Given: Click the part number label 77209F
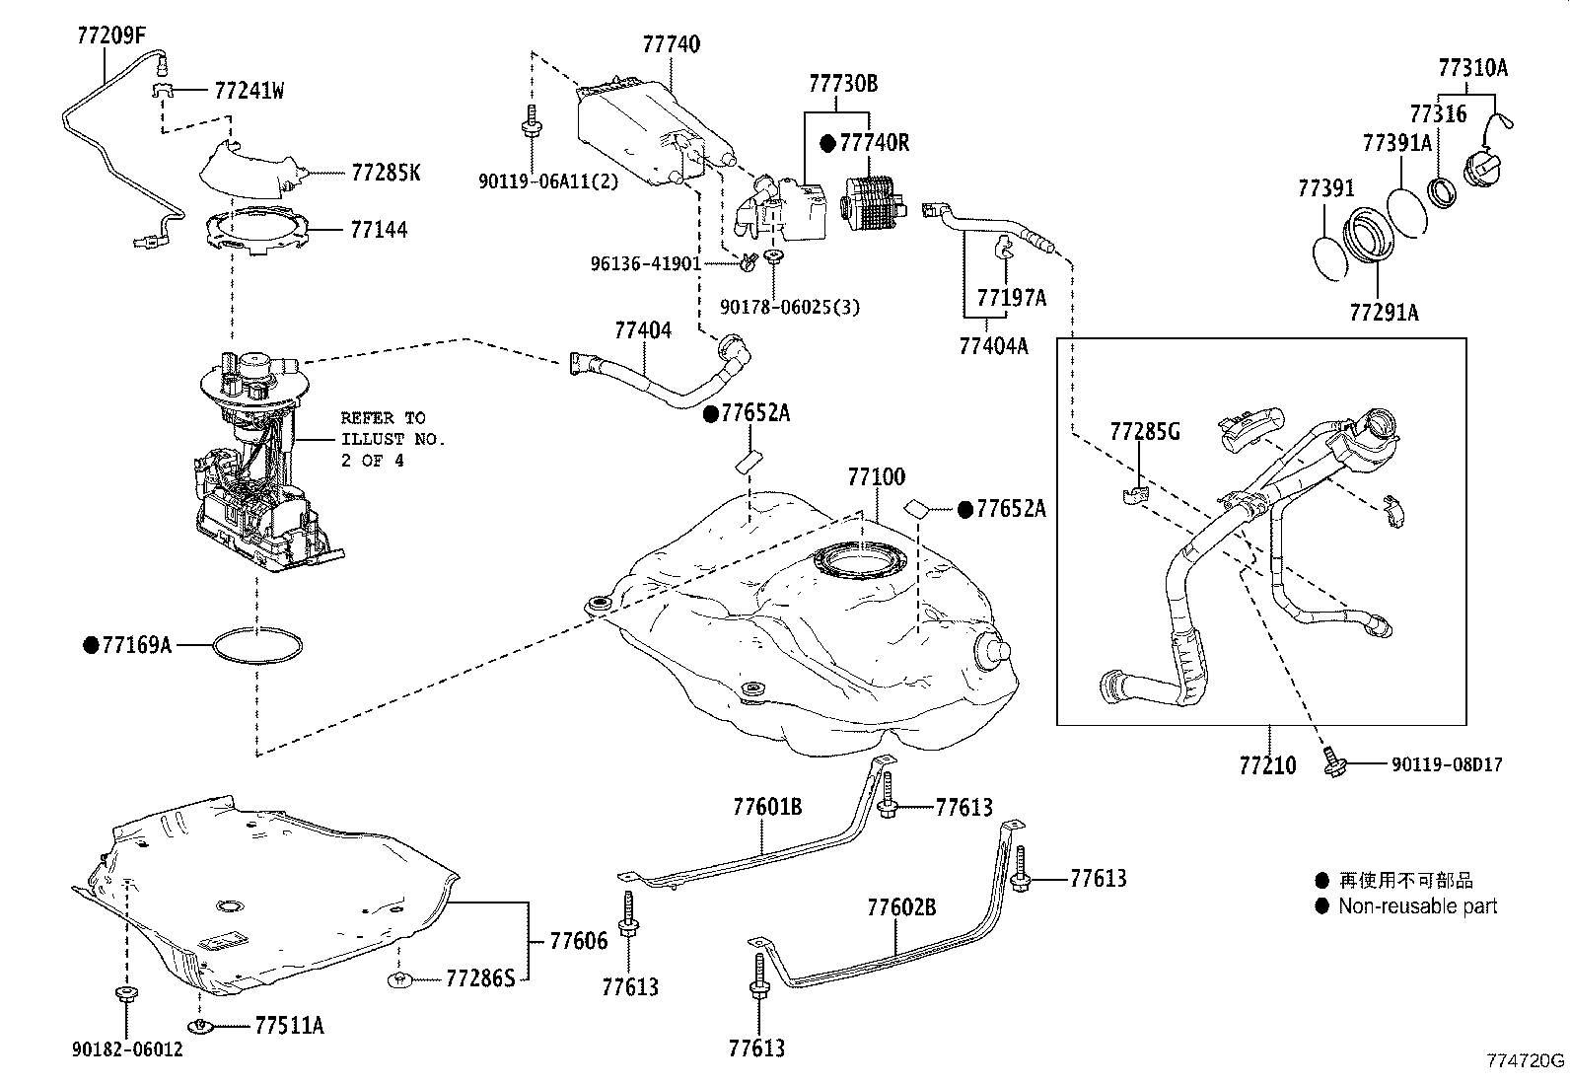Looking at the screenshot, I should (110, 37).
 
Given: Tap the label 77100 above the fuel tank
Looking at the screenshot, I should (876, 477).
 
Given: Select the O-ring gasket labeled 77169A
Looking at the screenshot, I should (257, 646).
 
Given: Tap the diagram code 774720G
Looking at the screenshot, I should (1526, 1061).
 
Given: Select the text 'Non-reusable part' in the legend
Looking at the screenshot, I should (1417, 905).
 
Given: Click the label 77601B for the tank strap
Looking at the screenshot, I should (766, 807).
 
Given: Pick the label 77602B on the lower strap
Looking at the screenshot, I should (901, 906).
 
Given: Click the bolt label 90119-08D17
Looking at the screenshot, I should (1447, 764).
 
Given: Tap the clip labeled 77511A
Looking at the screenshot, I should (201, 1027).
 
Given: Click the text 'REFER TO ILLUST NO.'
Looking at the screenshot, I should (392, 428).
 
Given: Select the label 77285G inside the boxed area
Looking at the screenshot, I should (1144, 431).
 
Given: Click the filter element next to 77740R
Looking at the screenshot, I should (872, 204).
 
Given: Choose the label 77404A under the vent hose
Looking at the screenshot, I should (992, 345).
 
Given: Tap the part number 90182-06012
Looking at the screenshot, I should (127, 1050).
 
